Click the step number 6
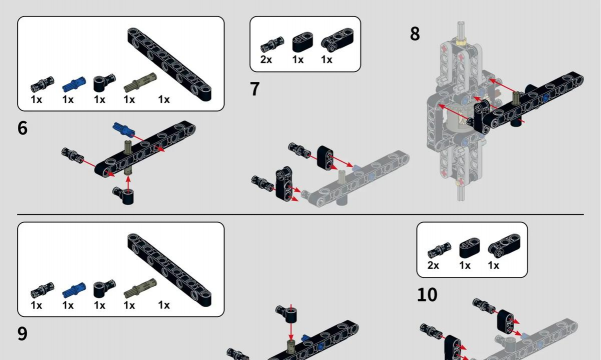[22, 128]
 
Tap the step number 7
[255, 89]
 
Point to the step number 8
[415, 33]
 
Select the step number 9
[22, 334]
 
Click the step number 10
[427, 295]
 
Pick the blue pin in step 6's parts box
[74, 84]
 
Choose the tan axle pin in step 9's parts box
[140, 288]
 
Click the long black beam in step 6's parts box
[169, 64]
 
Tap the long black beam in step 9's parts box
[169, 270]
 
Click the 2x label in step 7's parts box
[266, 60]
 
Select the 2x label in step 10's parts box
[433, 265]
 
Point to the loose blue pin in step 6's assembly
[123, 130]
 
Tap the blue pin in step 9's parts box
[74, 290]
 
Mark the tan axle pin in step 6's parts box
[140, 82]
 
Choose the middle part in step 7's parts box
[302, 42]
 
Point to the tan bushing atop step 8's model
[461, 39]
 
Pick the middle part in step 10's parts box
[470, 248]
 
